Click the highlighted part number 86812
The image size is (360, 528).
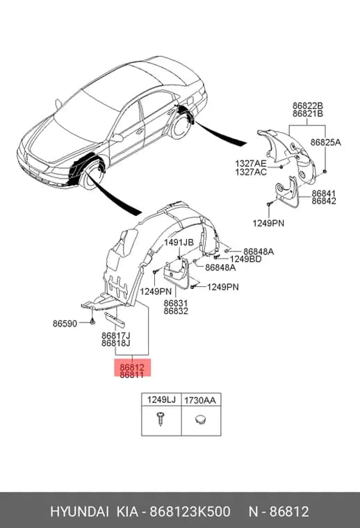click(x=132, y=368)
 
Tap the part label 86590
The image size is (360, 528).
click(x=65, y=324)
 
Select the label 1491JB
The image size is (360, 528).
click(x=179, y=242)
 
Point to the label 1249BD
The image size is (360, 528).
click(x=245, y=259)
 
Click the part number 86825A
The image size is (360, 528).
click(x=326, y=142)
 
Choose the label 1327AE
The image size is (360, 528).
click(x=251, y=164)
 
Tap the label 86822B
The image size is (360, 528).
click(x=307, y=106)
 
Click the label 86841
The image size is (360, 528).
click(x=324, y=194)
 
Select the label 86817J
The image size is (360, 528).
click(x=116, y=336)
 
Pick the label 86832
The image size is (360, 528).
click(x=176, y=311)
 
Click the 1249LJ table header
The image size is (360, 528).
click(x=161, y=399)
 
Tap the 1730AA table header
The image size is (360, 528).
click(x=200, y=400)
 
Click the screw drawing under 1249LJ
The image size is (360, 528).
click(x=161, y=418)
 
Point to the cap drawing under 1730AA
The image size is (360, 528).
click(x=201, y=419)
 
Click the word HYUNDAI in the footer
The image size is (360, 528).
click(x=79, y=511)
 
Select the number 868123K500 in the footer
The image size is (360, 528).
click(x=190, y=511)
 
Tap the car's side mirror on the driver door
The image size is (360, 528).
click(x=117, y=138)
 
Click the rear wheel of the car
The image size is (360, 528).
click(x=181, y=127)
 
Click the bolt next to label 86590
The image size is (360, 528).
click(x=92, y=322)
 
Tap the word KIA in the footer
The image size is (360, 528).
click(x=127, y=511)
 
